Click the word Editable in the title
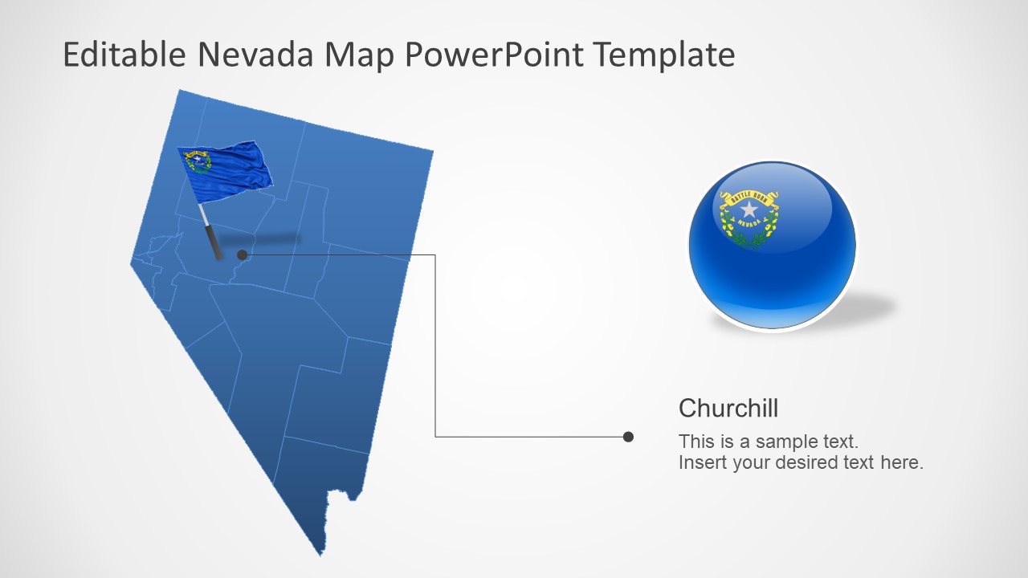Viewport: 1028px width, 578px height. coord(124,55)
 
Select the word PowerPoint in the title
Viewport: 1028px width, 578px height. coord(494,55)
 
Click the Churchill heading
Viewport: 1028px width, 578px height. coord(728,409)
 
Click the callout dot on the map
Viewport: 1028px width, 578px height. coord(242,255)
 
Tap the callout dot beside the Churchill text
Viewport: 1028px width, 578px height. coord(628,437)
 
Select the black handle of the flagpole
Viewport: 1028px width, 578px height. coord(214,242)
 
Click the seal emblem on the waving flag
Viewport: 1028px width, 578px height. coord(198,162)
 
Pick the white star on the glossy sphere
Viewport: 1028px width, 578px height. coord(749,210)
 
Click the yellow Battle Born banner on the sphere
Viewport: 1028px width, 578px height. coord(749,195)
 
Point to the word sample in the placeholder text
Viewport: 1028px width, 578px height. coord(785,442)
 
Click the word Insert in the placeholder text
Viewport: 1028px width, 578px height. coord(703,462)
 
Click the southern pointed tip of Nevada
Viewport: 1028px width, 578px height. coord(320,553)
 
